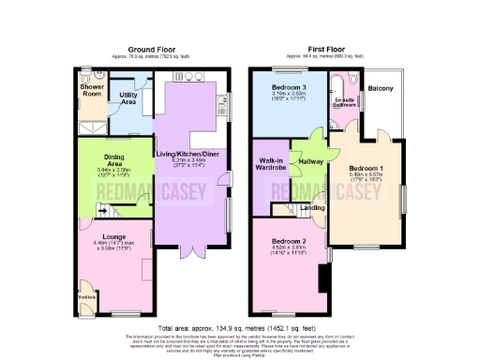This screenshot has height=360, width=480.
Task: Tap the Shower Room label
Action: point(92,90)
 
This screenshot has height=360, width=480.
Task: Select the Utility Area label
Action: point(128,97)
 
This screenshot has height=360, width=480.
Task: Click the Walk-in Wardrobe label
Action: point(271,166)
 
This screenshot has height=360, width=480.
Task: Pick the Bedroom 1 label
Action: point(367,167)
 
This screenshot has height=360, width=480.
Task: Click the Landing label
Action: point(312,208)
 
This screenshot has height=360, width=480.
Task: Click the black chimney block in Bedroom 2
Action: point(322,277)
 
